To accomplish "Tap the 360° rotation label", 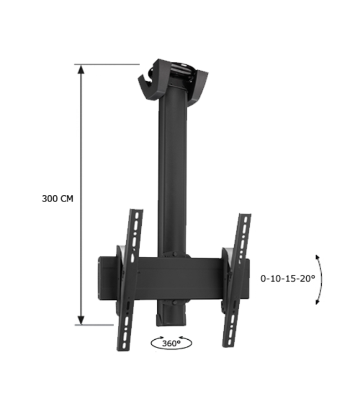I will click(171, 344).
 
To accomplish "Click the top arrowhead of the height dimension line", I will click(81, 69).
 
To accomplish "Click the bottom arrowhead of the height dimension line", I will click(81, 320).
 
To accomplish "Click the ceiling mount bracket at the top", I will click(173, 80).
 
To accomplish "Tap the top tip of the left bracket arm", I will click(136, 211).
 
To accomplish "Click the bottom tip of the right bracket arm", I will click(227, 345).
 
